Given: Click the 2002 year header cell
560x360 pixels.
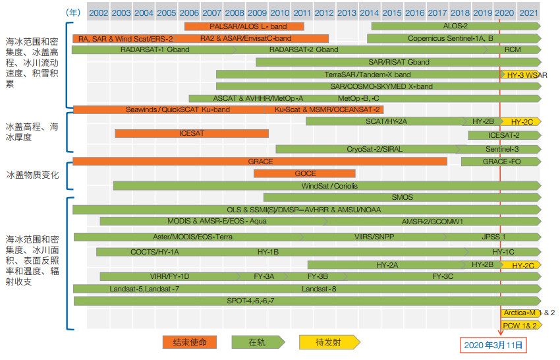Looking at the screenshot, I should click(98, 13).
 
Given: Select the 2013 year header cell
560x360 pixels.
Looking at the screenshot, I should click(347, 13).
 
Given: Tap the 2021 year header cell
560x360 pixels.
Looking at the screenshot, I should click(527, 13).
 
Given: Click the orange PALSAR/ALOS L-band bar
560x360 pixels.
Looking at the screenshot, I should click(244, 26).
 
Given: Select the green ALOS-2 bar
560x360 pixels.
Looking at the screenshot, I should click(455, 26).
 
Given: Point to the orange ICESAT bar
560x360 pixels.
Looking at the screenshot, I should click(192, 133).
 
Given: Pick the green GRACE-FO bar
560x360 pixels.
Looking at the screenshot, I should click(499, 162).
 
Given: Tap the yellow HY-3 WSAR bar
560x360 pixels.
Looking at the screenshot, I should click(520, 75).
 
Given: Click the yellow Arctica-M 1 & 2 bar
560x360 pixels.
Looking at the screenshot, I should click(520, 313).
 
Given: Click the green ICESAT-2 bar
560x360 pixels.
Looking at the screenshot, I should click(503, 135).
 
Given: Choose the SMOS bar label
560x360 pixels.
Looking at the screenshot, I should click(402, 197).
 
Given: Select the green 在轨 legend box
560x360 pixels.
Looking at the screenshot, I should click(258, 342).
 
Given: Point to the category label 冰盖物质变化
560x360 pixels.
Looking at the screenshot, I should click(32, 175).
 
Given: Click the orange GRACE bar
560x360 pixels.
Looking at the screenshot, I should click(260, 162).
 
